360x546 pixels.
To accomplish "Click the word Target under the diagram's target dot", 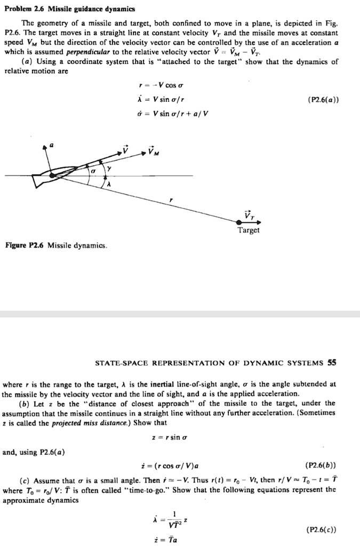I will click(x=249, y=230).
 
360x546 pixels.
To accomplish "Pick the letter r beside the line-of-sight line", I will click(x=171, y=199).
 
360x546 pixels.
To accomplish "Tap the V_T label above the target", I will click(x=249, y=214).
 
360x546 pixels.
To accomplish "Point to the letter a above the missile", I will click(x=52, y=144).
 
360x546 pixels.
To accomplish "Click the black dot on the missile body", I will click(x=51, y=174).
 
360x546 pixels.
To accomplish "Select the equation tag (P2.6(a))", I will click(x=323, y=99).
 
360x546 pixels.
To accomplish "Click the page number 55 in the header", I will click(x=332, y=363).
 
